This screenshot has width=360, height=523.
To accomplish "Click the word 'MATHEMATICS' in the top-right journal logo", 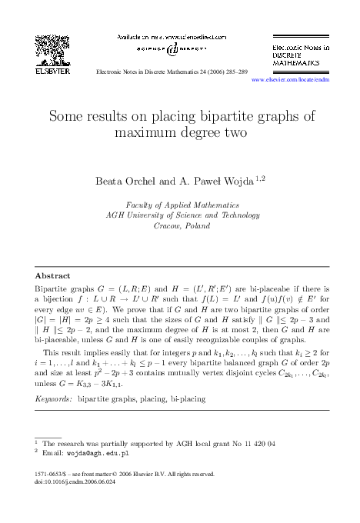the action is (298, 64).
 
